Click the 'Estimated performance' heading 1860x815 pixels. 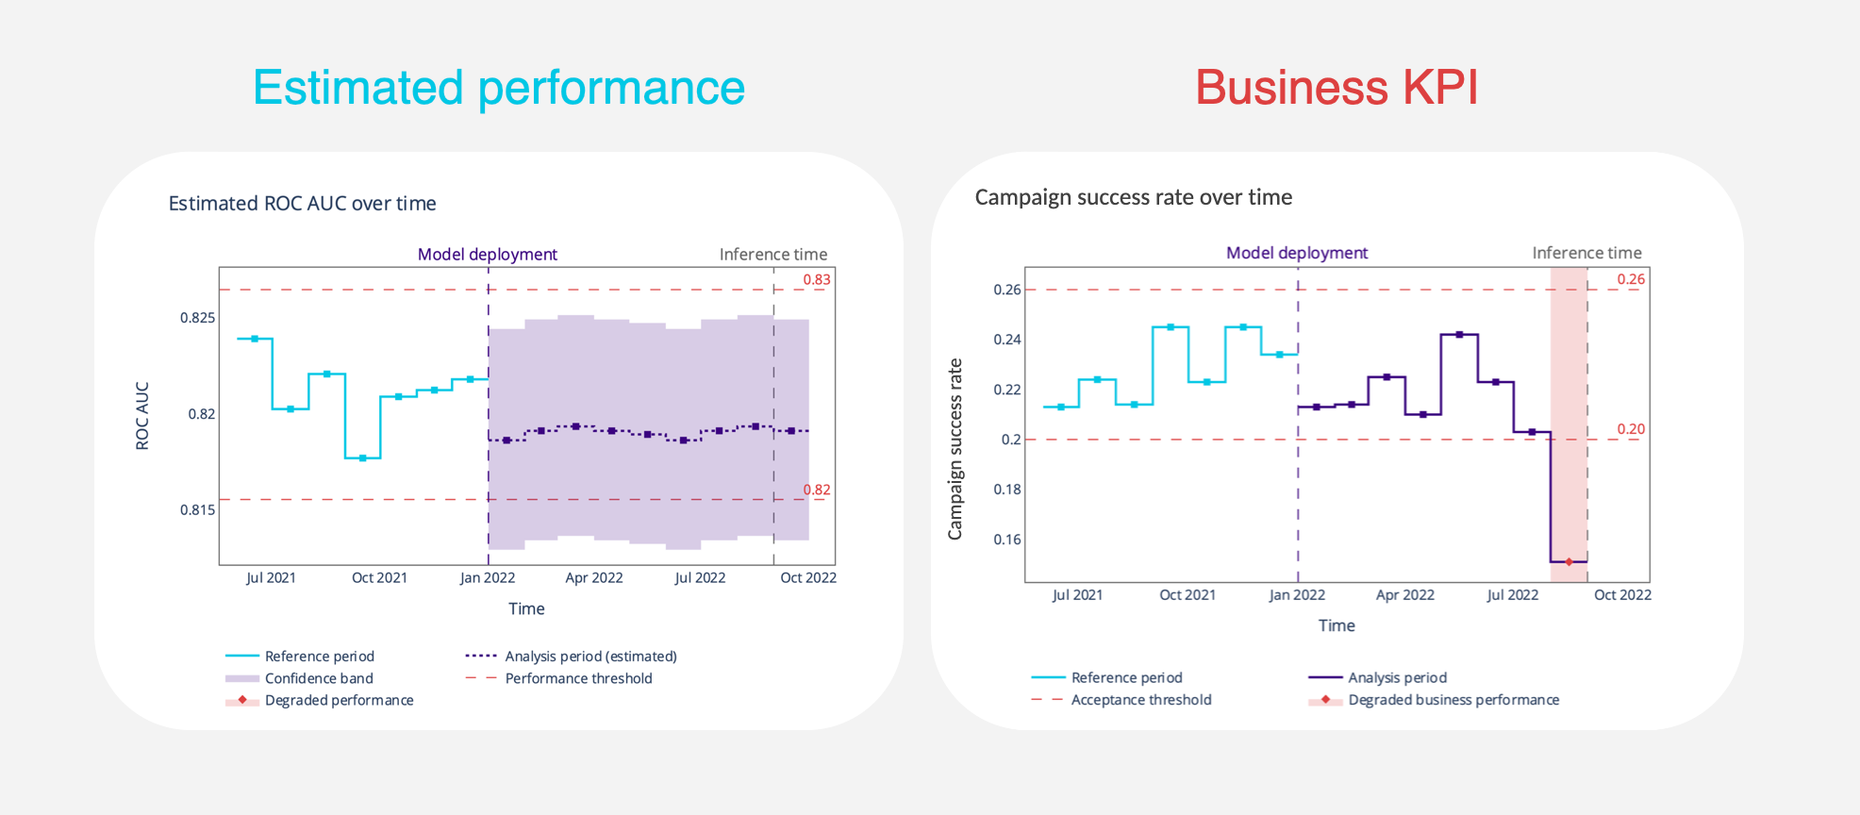(499, 88)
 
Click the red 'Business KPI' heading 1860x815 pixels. (1336, 88)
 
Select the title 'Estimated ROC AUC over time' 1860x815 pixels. (302, 204)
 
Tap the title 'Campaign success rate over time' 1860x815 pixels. (1133, 197)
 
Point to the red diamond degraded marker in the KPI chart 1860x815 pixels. (1569, 562)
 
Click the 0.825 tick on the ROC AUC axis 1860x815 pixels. (197, 318)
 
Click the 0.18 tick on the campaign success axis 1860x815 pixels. (1006, 490)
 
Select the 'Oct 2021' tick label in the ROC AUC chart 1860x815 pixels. (379, 578)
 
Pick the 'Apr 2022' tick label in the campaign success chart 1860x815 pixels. (1404, 595)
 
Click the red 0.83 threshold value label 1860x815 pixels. (817, 279)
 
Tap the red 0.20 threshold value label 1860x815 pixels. (1631, 429)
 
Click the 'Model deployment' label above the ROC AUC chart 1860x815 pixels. (487, 255)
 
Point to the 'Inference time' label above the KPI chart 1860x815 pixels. (1586, 253)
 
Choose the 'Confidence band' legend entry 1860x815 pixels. (319, 678)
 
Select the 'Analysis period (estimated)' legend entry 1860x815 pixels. (590, 657)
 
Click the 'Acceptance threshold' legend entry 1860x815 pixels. (1140, 700)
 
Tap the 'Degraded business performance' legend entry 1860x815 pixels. (1453, 700)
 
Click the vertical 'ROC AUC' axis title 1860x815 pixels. (142, 416)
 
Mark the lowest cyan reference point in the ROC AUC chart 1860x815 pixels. (362, 458)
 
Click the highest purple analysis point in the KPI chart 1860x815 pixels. (1459, 335)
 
